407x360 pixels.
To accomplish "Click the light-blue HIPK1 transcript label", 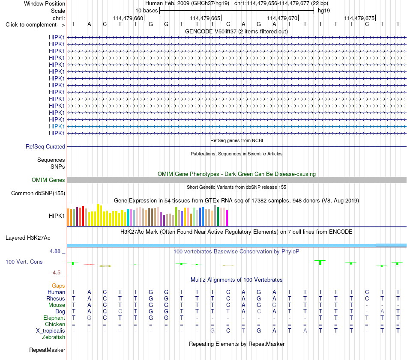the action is click(x=57, y=126).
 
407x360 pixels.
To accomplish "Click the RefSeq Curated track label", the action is click(x=45, y=146).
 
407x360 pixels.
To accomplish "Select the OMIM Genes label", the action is click(x=48, y=180).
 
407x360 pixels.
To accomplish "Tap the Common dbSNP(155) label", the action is click(x=38, y=193).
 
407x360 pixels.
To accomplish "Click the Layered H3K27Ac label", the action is click(x=28, y=238).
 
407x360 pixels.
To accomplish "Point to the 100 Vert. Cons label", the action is click(x=24, y=262).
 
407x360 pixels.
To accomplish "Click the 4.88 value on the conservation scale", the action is click(x=55, y=251).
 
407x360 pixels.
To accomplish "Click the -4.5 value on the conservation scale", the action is click(x=56, y=272).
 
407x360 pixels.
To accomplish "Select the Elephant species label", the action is click(x=54, y=318).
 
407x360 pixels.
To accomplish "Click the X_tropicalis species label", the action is click(x=51, y=331).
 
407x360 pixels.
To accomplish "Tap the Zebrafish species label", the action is click(x=54, y=337).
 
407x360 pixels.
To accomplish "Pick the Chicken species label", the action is click(x=55, y=324).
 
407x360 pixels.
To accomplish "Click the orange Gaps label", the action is click(x=58, y=286).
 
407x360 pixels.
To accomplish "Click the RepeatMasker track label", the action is click(x=47, y=350).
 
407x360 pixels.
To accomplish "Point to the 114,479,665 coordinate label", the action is click(x=205, y=18).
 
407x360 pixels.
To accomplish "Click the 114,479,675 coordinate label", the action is click(x=359, y=18).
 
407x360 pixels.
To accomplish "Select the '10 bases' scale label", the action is click(x=147, y=11).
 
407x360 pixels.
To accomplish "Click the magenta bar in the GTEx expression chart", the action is click(x=227, y=218).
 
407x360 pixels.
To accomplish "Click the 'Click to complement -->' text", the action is click(x=35, y=25).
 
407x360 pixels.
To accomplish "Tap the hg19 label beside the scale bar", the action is click(x=324, y=11).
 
